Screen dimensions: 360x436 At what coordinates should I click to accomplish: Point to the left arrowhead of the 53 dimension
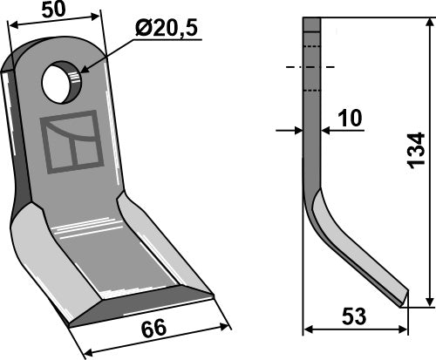[307, 330]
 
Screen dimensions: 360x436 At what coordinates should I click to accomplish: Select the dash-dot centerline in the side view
[310, 65]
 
